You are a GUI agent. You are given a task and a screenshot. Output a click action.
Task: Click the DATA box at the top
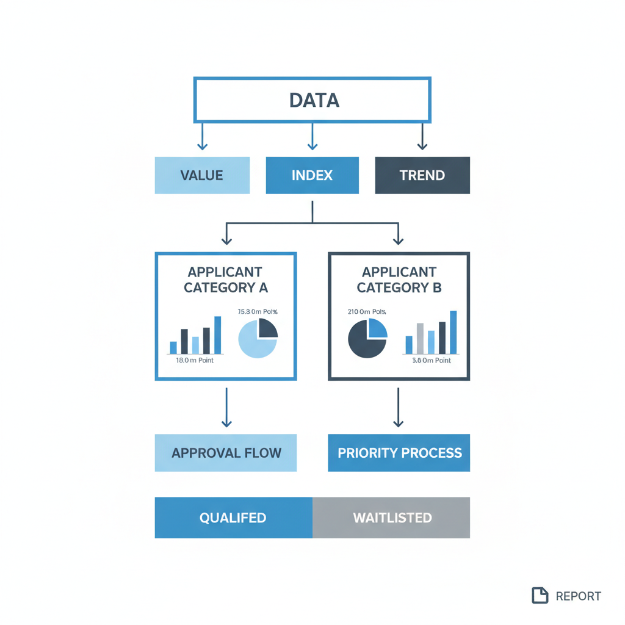[x=312, y=99]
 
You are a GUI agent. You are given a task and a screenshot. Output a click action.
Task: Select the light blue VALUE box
[x=202, y=175]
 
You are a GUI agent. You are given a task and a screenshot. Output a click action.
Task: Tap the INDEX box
[x=312, y=175]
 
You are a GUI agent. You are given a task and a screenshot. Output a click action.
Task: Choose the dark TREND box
[x=422, y=175]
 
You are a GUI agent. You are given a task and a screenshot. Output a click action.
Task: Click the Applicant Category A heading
[x=225, y=280]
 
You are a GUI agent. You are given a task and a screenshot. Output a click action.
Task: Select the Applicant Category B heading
[x=399, y=280]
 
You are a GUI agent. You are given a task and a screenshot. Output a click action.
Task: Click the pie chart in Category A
[x=258, y=338]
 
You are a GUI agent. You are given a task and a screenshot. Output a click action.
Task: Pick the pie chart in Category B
[x=367, y=338]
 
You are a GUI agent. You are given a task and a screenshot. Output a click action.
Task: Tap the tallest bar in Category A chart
[x=218, y=335]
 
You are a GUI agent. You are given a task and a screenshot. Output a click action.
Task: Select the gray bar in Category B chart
[x=420, y=339]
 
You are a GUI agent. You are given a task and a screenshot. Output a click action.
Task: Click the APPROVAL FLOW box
[x=226, y=453]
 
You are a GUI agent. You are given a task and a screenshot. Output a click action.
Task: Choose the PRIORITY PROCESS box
[x=399, y=453]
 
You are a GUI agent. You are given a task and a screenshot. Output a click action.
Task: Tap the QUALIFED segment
[x=233, y=518]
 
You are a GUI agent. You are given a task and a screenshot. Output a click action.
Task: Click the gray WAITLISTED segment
[x=392, y=518]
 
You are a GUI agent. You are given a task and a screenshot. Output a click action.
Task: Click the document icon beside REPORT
[x=540, y=596]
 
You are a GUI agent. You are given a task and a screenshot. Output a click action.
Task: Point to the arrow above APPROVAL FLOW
[x=226, y=407]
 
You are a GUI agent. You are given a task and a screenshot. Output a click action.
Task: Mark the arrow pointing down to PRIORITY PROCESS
[x=399, y=407]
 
